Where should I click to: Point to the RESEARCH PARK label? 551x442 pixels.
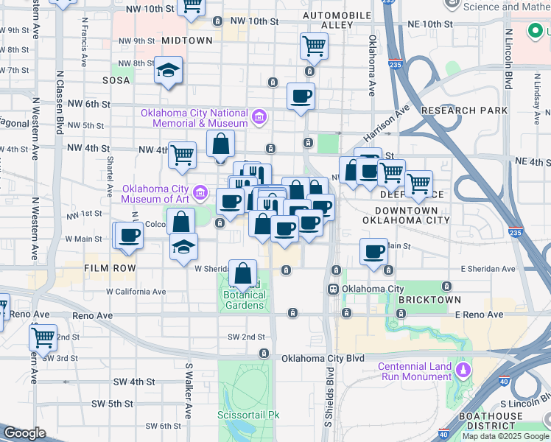click(x=464, y=110)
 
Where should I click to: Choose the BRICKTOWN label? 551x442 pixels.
click(x=429, y=300)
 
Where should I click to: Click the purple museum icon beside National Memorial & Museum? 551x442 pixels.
click(x=259, y=116)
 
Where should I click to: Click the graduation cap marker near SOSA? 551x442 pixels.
click(x=169, y=71)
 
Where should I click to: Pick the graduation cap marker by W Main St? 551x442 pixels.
click(x=183, y=247)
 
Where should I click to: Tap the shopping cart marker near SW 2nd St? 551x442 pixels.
click(x=43, y=337)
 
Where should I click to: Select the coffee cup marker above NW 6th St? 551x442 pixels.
click(x=301, y=97)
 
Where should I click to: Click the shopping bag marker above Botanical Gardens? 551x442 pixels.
click(x=242, y=273)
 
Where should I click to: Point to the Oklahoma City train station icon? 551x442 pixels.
click(x=333, y=289)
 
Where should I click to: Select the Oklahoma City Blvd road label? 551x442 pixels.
click(x=323, y=358)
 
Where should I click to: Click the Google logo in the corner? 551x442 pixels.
click(x=24, y=433)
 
